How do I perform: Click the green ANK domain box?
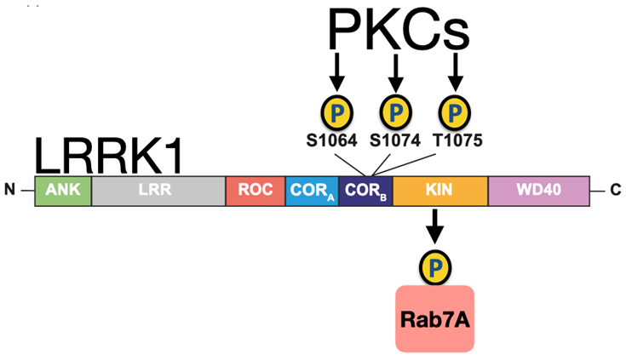point(62,190)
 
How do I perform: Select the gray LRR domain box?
point(158,190)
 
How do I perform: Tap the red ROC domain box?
point(255,190)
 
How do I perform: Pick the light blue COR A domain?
point(312,190)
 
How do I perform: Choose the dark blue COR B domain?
point(365,190)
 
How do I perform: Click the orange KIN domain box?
point(439,190)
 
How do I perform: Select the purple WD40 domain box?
point(539,190)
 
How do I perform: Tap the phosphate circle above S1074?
point(395,111)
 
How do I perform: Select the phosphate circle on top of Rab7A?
point(435,266)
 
